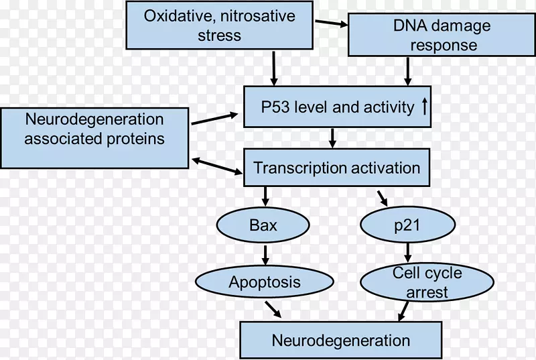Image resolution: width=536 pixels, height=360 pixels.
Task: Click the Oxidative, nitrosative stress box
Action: (x=219, y=25)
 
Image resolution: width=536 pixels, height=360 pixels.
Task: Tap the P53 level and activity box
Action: (x=337, y=107)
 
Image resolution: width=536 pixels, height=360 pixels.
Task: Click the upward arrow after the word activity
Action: (x=423, y=107)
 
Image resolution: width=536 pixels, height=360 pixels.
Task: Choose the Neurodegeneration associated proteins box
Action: (x=94, y=138)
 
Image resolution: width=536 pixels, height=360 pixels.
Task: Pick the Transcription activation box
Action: (x=337, y=168)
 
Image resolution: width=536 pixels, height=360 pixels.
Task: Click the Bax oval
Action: (x=263, y=226)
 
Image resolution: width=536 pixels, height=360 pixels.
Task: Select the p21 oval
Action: (x=408, y=226)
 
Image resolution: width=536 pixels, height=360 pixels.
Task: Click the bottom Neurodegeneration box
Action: (x=340, y=339)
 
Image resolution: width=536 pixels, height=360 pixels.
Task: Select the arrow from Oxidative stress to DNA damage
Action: (x=332, y=24)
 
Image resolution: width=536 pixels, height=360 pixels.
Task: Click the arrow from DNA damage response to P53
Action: (x=407, y=72)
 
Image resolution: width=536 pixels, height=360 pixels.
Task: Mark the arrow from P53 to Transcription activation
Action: (x=332, y=138)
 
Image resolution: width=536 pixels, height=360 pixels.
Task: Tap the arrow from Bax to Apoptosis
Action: (x=265, y=254)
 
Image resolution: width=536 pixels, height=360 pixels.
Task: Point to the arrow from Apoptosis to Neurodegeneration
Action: (x=273, y=309)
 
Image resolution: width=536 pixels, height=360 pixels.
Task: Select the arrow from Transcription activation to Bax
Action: (x=265, y=196)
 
